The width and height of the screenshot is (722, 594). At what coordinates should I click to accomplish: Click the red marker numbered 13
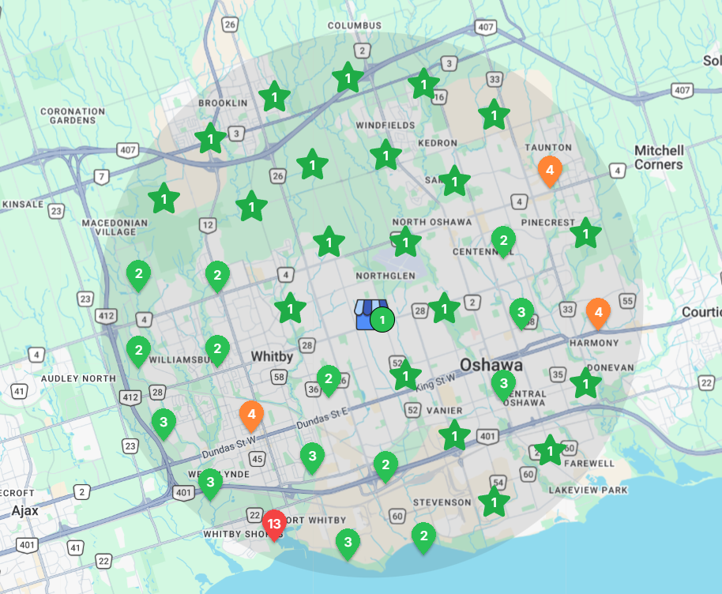274,524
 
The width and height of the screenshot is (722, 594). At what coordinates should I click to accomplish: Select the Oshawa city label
492,365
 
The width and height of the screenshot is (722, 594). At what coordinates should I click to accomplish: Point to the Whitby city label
272,356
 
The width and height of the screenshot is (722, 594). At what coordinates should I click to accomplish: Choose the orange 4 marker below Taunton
549,169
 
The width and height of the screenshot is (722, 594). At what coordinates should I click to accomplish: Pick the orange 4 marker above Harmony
598,312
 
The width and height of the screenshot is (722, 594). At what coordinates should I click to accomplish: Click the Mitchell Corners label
658,157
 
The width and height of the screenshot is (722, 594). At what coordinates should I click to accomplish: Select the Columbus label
355,25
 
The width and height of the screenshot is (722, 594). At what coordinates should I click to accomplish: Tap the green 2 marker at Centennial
502,239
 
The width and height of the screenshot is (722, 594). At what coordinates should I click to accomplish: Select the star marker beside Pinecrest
585,233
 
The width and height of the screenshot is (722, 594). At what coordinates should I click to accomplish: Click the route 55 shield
627,300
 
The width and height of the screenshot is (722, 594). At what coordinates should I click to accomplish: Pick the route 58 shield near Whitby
278,376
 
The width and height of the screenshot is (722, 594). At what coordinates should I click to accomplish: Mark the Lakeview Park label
588,491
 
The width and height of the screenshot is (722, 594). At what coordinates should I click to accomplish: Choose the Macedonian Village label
115,227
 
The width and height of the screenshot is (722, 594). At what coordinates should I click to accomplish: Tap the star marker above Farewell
550,451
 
